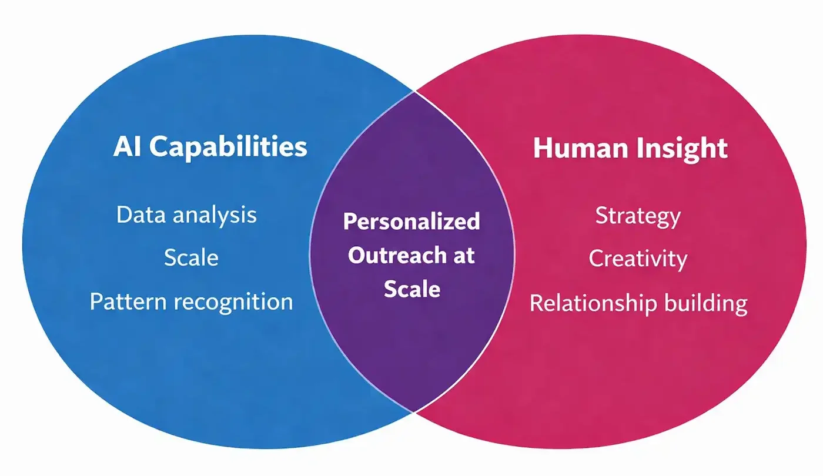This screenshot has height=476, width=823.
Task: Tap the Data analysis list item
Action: coord(186,215)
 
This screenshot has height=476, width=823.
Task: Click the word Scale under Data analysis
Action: coord(191,258)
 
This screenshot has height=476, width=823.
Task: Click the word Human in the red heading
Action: coord(577,149)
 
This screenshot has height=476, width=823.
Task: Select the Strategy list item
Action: coord(638,216)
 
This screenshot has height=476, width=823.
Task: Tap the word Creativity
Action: coord(638,259)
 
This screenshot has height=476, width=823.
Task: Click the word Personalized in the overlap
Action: coord(411,222)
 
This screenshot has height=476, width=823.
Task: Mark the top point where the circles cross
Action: coord(414,92)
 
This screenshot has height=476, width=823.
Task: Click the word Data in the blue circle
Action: coord(139,215)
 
